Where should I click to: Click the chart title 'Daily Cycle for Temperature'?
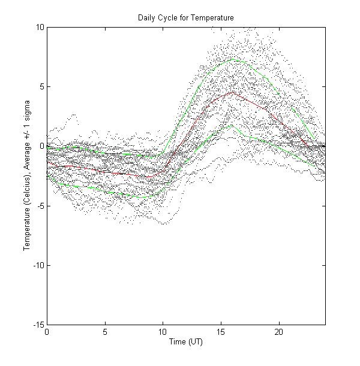tap(185, 18)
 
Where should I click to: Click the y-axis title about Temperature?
tap(27, 175)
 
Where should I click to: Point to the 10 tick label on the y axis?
tap(38, 27)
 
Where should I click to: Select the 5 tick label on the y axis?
tap(40, 86)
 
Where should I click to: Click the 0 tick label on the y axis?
tap(40, 146)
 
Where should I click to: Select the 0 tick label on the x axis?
tap(47, 332)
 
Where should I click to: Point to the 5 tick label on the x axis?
tap(105, 332)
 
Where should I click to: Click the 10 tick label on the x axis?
tap(163, 332)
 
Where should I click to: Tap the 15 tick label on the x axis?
tap(221, 332)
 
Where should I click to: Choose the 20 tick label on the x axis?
tap(279, 332)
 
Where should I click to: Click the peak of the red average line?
tap(232, 92)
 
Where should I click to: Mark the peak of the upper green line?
tap(232, 59)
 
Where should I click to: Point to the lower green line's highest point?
tap(232, 125)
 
